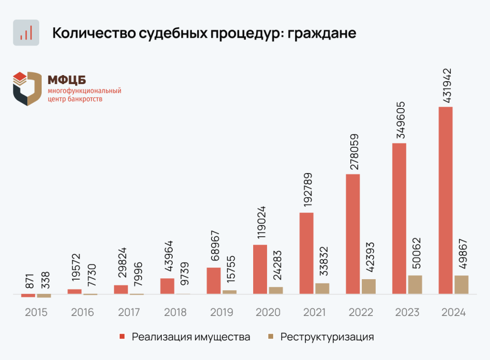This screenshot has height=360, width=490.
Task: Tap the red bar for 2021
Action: (x=306, y=253)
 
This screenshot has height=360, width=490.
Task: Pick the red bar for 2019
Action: (x=213, y=281)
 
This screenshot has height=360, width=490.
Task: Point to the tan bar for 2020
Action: (x=276, y=290)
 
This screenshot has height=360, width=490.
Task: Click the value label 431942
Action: (x=446, y=85)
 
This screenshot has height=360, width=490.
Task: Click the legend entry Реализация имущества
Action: (x=190, y=337)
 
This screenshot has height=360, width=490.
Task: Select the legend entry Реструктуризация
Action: (x=327, y=337)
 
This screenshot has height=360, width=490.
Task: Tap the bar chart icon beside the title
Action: (x=26, y=33)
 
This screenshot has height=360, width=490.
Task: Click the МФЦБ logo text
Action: (x=67, y=80)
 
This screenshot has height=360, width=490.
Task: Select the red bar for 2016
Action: (x=74, y=291)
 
